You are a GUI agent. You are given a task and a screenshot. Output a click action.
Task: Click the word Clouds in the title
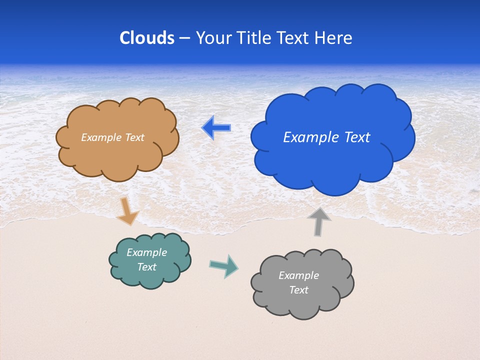coord(147,38)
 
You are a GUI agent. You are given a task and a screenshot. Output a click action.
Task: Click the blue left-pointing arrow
coord(216,128)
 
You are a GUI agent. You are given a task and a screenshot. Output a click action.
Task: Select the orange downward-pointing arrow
coord(127,211)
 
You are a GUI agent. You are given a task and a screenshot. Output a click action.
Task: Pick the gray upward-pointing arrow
coord(318,221)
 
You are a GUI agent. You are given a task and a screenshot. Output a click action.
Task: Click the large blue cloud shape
coord(332,160)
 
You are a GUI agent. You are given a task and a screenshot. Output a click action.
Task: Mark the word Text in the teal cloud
coord(147,267)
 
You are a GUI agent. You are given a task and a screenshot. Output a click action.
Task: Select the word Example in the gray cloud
coord(298,275)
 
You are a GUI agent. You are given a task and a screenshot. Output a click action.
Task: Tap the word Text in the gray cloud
coord(298,290)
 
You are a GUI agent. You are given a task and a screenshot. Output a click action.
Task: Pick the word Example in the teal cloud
coord(147,252)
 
